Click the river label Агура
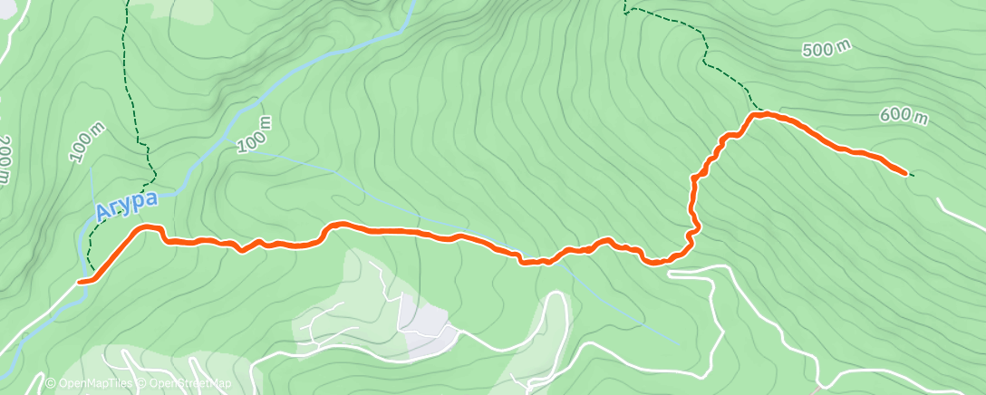pos(127,206)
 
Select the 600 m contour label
pos(904,116)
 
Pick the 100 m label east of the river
pos(254,134)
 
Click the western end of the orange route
pos(81,282)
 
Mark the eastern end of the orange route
pos(905,172)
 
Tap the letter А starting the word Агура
pos(103,214)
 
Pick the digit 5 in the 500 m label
pos(809,53)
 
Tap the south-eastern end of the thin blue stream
pos(678,343)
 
